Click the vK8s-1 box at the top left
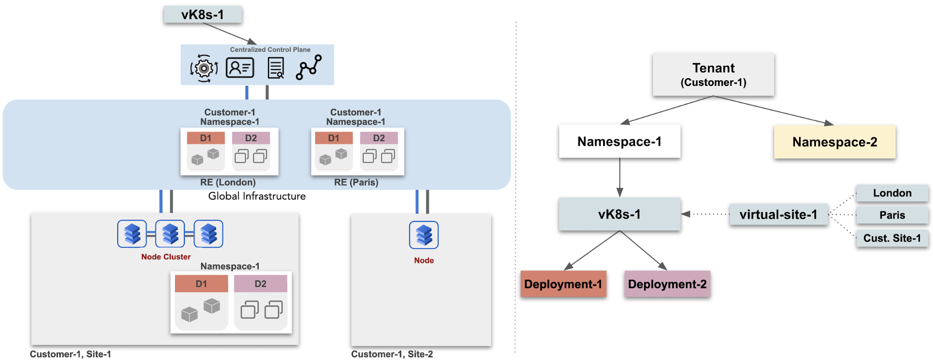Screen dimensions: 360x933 pos(203,14)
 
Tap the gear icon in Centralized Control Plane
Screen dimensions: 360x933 pos(203,68)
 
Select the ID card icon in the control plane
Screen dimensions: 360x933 pos(240,68)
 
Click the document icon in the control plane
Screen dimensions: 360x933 pos(276,68)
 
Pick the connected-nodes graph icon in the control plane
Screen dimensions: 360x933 pos(309,67)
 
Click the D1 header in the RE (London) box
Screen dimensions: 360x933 pos(205,138)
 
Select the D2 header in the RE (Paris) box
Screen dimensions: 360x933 pos(379,138)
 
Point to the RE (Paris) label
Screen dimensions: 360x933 pos(356,183)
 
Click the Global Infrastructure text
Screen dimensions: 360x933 pos(257,196)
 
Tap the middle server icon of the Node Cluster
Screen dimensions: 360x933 pos(170,234)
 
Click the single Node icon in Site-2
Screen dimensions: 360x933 pos(424,235)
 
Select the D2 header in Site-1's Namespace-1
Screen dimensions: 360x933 pos(260,284)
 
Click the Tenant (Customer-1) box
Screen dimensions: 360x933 pos(713,75)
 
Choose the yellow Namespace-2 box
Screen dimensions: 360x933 pos(835,142)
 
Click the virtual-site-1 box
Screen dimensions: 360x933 pos(779,215)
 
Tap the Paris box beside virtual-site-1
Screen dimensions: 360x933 pos(892,215)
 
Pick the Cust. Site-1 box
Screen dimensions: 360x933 pos(892,238)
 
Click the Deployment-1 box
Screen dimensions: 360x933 pos(563,284)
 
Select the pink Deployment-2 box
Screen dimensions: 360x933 pos(667,284)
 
